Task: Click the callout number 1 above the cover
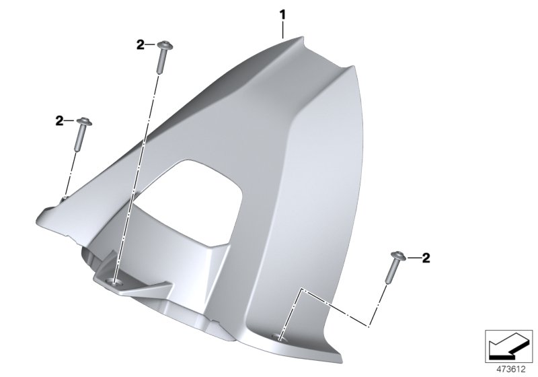284,13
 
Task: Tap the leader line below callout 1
284,29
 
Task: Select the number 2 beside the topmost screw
140,45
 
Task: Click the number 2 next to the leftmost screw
59,121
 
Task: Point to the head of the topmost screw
162,46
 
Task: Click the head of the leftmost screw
83,122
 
